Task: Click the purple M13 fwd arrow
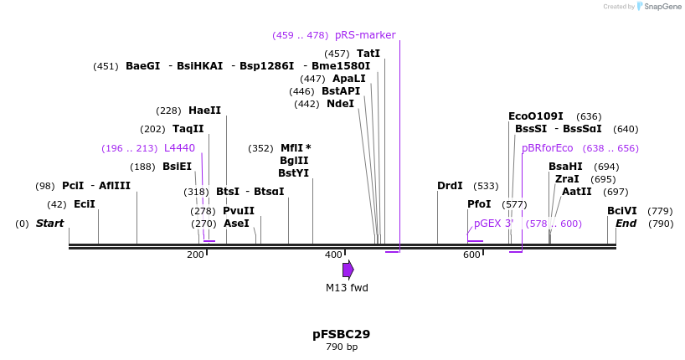coord(348,270)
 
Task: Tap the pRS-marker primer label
coord(365,35)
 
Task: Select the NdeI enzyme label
coord(340,104)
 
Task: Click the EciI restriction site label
coord(84,204)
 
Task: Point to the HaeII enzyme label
coord(204,111)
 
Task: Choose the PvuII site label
coord(239,211)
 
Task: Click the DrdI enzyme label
coord(451,186)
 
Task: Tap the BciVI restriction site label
coord(622,211)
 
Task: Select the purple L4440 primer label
coord(179,148)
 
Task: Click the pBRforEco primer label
coord(548,148)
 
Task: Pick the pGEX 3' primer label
coord(493,224)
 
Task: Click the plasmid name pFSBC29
coord(341,334)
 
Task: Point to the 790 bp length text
coord(341,347)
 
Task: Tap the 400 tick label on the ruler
coord(333,255)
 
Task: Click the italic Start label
coord(50,224)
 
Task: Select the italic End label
coord(626,224)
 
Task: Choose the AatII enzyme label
coord(577,192)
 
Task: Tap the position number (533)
coord(486,186)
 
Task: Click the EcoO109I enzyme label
coord(536,116)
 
